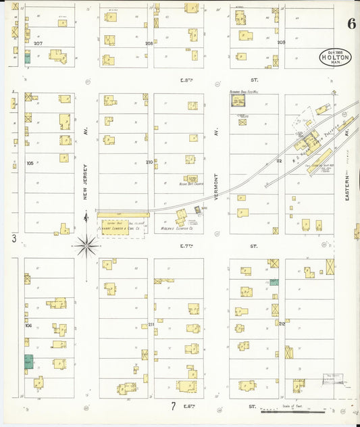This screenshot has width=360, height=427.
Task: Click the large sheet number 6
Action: [351, 24]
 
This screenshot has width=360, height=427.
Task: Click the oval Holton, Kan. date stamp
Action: [336, 57]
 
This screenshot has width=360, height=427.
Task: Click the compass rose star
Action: [86, 246]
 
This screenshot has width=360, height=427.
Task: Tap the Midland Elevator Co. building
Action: [182, 218]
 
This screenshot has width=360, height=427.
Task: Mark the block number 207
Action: [38, 43]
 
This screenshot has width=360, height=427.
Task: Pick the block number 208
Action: [149, 43]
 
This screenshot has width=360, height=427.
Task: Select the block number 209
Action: [281, 43]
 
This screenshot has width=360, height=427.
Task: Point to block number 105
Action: [30, 163]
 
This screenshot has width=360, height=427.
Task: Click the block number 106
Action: [28, 325]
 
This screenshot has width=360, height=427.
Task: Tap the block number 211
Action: [151, 325]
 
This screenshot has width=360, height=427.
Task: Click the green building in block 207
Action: [28, 58]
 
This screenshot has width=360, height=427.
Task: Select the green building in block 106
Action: [28, 361]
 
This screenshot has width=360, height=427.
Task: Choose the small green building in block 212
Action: [274, 282]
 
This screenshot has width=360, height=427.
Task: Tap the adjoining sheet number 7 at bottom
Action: [173, 407]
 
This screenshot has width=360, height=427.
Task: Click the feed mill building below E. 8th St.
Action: [238, 101]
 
